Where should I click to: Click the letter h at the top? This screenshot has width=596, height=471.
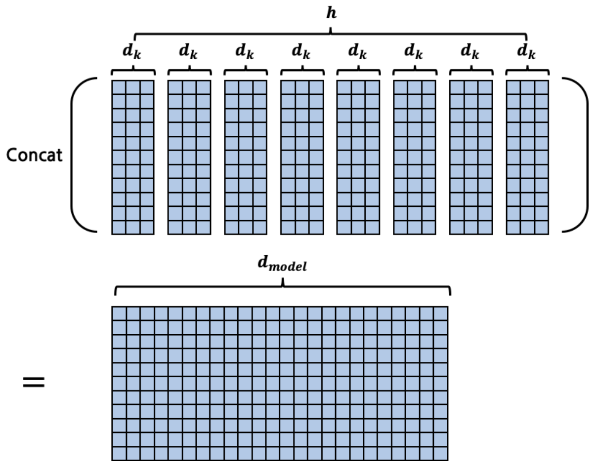click(331, 13)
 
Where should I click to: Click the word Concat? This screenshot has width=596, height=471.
click(34, 155)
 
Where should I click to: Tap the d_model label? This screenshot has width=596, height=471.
click(282, 267)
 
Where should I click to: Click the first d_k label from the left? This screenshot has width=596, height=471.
click(133, 51)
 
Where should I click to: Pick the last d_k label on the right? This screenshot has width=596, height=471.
click(527, 51)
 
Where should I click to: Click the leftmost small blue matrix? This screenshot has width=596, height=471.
click(133, 157)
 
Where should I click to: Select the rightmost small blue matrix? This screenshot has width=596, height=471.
click(527, 157)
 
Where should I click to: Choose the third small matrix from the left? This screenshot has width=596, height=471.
click(246, 157)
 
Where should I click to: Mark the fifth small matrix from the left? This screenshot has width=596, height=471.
click(358, 157)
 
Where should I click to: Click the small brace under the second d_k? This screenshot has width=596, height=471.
click(189, 72)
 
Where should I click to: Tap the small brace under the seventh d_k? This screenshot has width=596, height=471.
click(471, 72)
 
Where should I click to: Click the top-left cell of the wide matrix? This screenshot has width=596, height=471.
click(119, 314)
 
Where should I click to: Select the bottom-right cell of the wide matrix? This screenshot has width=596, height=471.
click(441, 453)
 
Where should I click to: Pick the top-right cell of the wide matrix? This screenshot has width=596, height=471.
click(441, 314)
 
